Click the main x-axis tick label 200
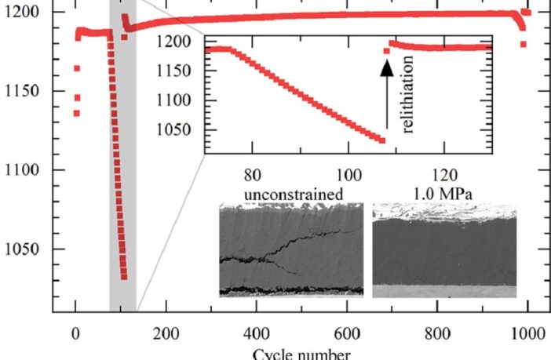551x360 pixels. pos(166,332)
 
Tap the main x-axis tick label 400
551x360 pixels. pos(257,332)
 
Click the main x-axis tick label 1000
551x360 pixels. pos(528,332)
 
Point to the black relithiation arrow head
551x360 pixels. pos(386,68)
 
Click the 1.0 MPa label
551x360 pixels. pos(444,191)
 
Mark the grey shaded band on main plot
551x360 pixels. pos(122,196)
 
